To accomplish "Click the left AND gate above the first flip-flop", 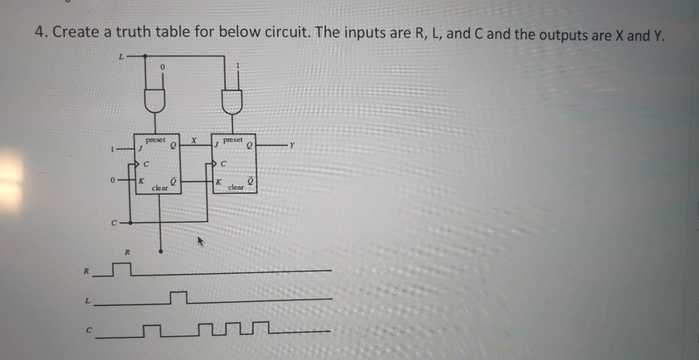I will tap(155, 100).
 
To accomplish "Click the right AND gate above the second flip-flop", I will tap(232, 101).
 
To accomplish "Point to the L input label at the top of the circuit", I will tap(122, 57).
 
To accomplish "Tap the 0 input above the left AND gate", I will tap(162, 67).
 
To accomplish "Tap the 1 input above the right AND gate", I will tap(238, 66).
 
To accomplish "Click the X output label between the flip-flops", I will tap(194, 140).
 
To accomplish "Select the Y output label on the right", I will tap(292, 146).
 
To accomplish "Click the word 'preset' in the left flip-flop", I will tap(155, 140).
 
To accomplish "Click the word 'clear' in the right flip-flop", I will tap(236, 187).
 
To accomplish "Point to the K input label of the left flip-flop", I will tap(141, 181).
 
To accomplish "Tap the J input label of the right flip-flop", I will tap(216, 145).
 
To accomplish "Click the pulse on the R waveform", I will tap(121, 269).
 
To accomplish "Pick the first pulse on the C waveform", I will tap(152, 330).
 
